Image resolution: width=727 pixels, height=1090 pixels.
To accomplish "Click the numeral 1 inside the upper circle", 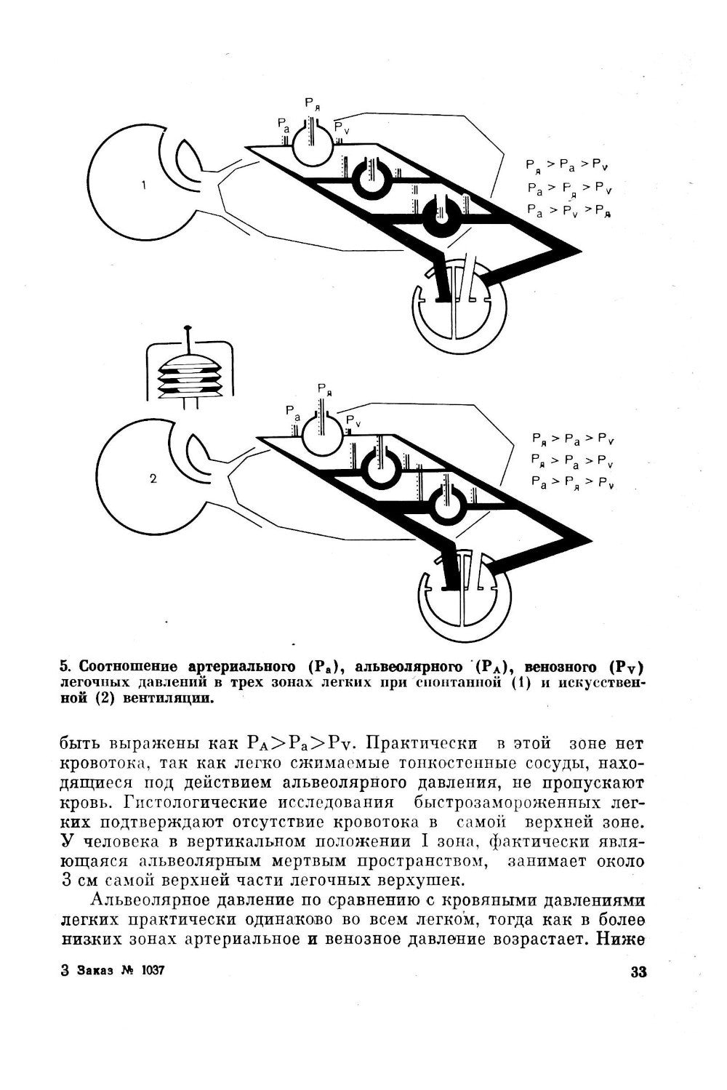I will (x=143, y=185).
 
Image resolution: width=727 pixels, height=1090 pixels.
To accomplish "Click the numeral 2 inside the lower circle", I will (x=153, y=478).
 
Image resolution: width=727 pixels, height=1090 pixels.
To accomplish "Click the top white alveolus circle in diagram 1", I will (x=312, y=145).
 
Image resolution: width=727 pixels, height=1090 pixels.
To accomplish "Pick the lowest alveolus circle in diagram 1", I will (x=439, y=215).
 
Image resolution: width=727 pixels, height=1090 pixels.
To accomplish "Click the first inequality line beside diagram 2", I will (x=573, y=438).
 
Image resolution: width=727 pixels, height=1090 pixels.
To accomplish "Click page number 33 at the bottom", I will (x=638, y=972).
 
